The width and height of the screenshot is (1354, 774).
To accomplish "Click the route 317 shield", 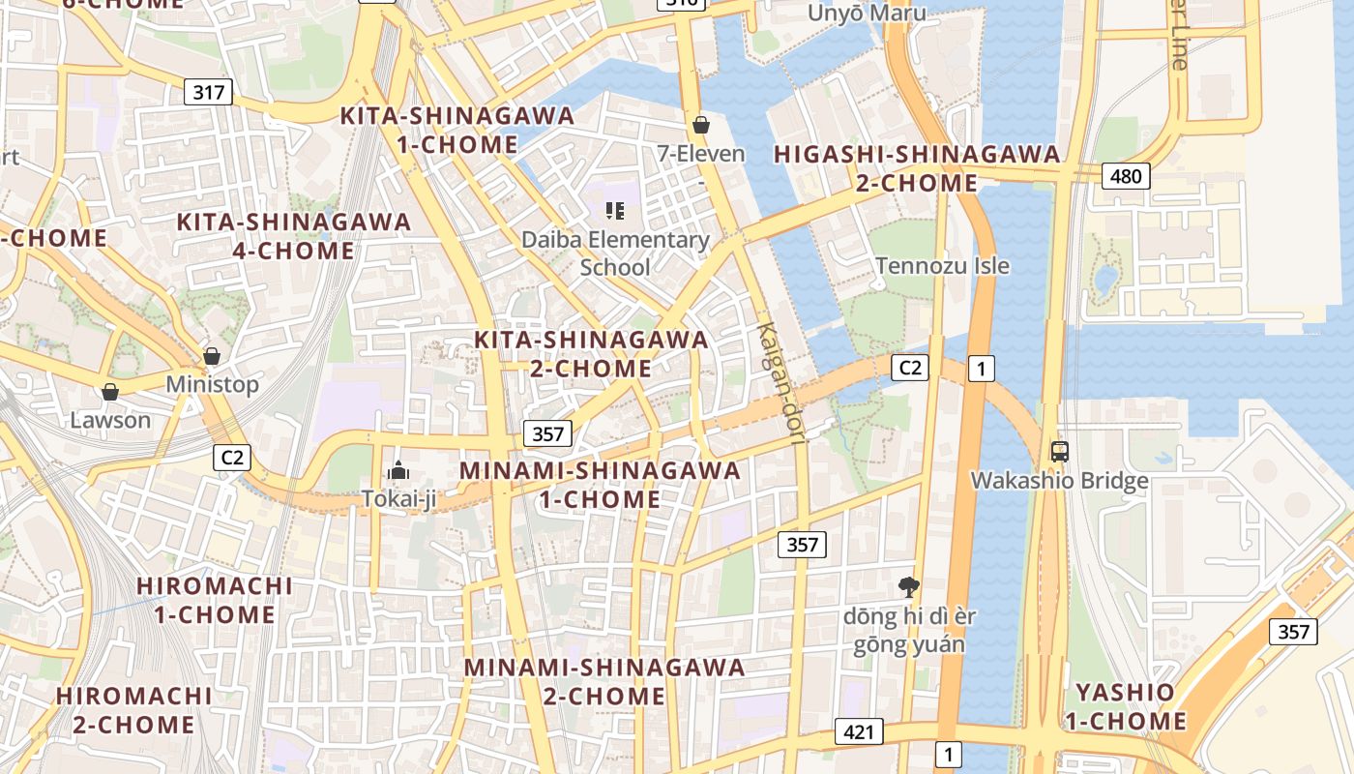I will (x=209, y=92).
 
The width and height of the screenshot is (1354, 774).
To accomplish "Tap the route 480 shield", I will (x=1126, y=176).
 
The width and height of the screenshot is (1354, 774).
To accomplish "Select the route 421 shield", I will (x=858, y=731).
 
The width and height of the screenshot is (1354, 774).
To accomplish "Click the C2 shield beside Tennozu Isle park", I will (x=909, y=367).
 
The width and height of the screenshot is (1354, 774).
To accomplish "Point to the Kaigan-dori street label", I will (x=781, y=383).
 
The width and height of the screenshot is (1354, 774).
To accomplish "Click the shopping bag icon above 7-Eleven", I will (x=701, y=125).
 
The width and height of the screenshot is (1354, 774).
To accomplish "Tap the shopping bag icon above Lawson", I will (x=110, y=392).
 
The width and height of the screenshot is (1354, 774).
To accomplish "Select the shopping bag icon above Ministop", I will (x=212, y=356).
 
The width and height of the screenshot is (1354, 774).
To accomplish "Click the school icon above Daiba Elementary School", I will (x=615, y=210).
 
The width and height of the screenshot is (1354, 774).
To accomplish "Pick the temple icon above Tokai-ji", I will (x=397, y=471).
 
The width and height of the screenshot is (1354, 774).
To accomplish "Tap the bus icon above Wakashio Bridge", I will (x=1060, y=451).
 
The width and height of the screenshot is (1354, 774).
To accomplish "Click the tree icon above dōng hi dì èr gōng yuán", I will (x=908, y=585).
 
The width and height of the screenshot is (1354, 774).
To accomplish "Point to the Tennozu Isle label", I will (x=942, y=265).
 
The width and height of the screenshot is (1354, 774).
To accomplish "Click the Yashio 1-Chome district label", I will (x=1125, y=706).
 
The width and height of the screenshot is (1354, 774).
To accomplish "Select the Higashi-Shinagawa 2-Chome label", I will (x=917, y=168).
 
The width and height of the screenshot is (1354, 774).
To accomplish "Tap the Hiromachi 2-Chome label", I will (x=133, y=709).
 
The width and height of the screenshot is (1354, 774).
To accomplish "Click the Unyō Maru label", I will (x=867, y=13).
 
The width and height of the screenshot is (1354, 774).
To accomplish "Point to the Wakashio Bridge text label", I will (x=1059, y=481).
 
